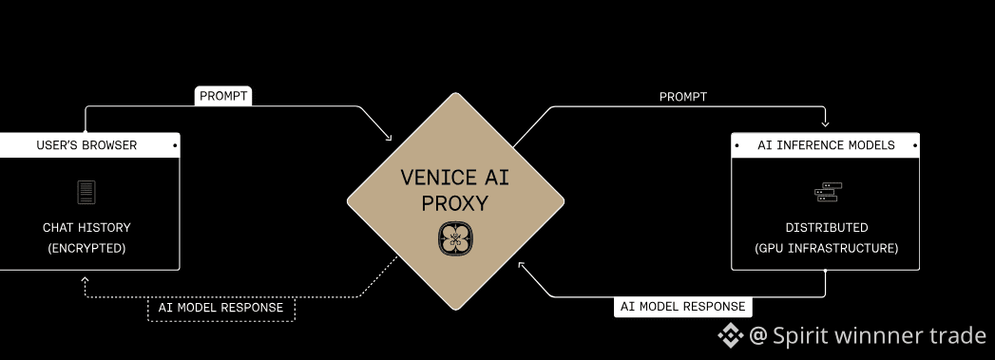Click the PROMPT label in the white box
click(223, 96)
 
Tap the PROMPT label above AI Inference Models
click(682, 97)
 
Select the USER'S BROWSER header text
click(86, 145)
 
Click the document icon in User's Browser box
click(86, 192)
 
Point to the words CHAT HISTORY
click(86, 228)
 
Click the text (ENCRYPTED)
click(86, 249)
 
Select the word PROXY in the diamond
click(455, 203)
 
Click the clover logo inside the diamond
click(455, 239)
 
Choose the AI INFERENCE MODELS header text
click(826, 145)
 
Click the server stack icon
click(828, 192)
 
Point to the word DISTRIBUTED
click(826, 228)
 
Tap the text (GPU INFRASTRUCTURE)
click(826, 249)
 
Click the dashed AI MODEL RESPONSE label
click(220, 308)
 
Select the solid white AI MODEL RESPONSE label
click(682, 307)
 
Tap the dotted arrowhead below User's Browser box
click(85, 279)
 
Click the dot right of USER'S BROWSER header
click(175, 145)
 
